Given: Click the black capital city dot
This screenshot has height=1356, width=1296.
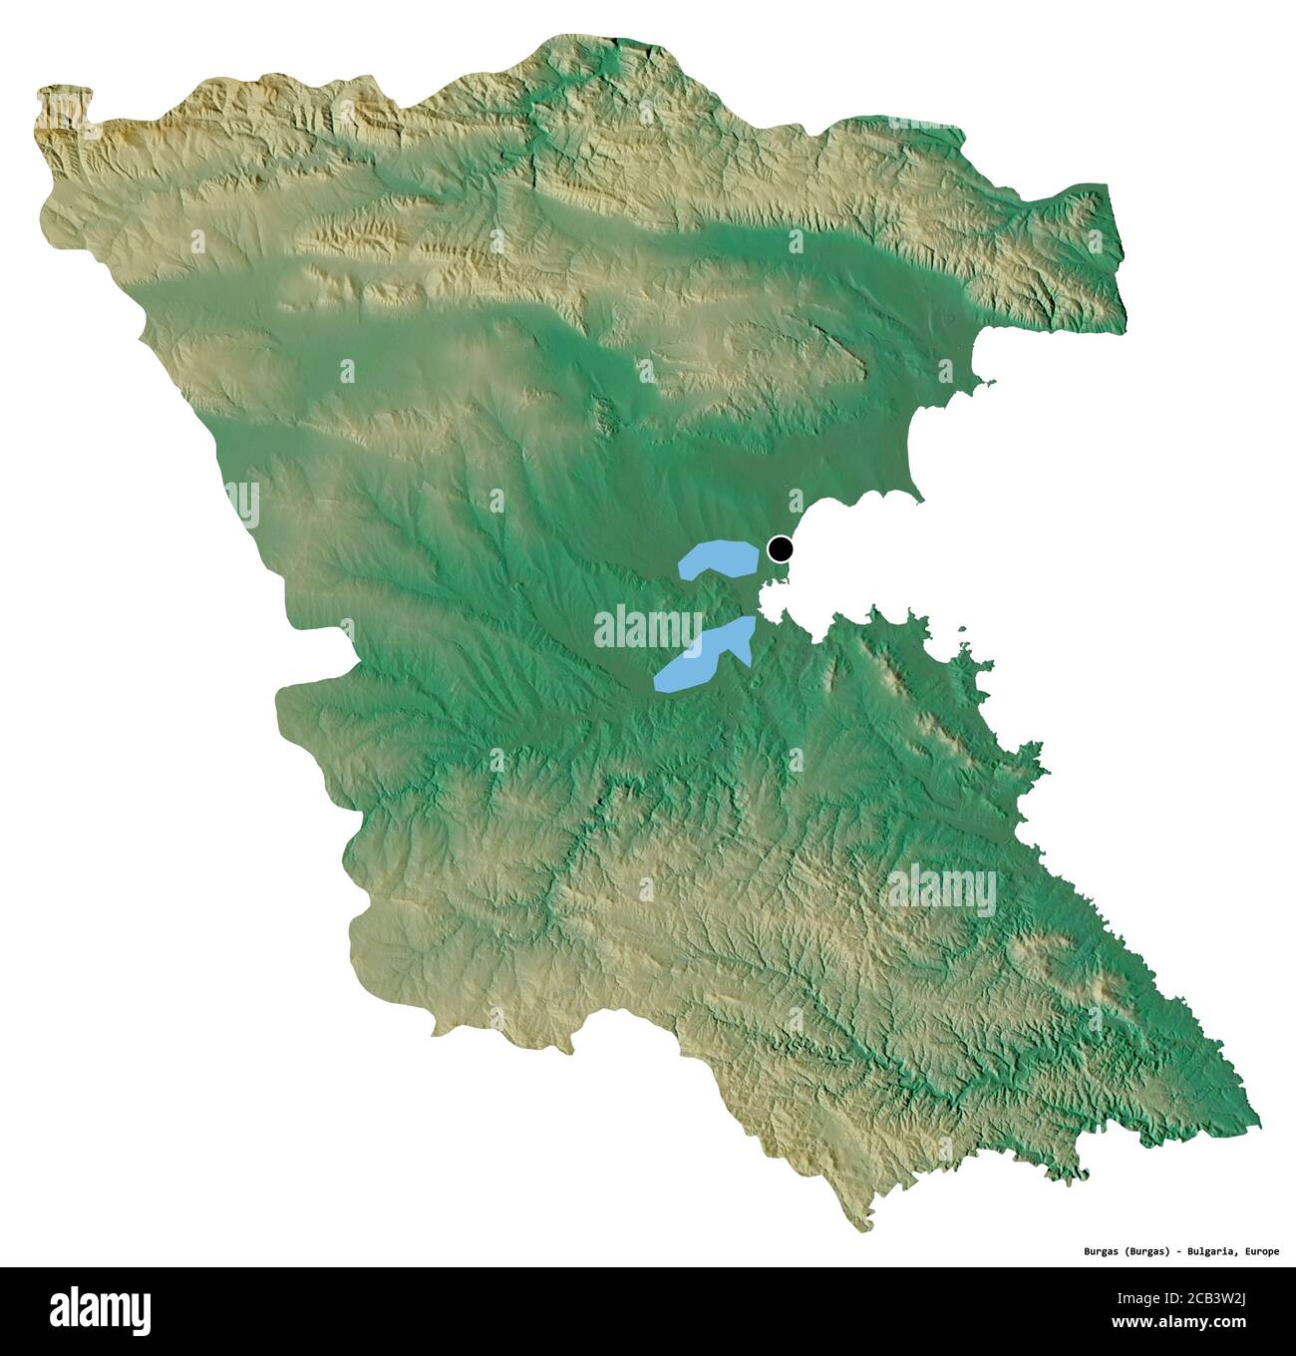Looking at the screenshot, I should (x=781, y=548).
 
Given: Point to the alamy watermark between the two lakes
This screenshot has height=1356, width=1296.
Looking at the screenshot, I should (x=646, y=629).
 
